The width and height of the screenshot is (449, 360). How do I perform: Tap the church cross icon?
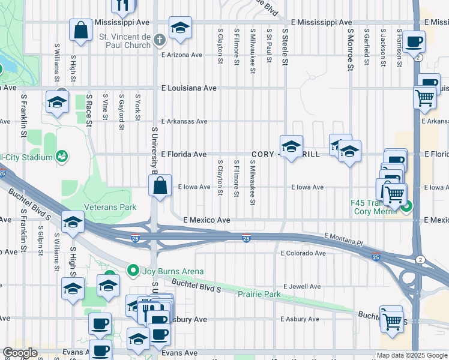(159, 40)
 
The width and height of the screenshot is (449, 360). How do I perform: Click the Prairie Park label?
(259, 295)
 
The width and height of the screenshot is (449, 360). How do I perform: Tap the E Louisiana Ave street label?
(189, 88)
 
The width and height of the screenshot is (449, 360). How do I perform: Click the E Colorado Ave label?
(303, 253)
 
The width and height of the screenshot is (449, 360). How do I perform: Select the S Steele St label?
(286, 49)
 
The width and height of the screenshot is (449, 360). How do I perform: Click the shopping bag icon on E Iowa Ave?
(160, 186)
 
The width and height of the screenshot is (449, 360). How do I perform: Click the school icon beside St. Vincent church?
(179, 28)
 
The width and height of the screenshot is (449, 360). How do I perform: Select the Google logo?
(20, 353)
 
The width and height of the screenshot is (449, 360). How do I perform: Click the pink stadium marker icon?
(61, 157)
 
